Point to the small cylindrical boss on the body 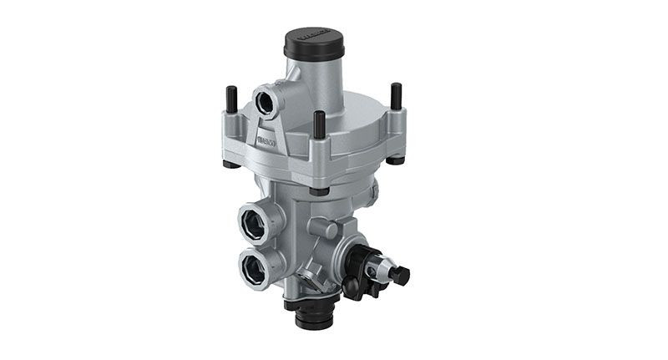coord(321,228)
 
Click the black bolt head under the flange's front coord(318,191)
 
